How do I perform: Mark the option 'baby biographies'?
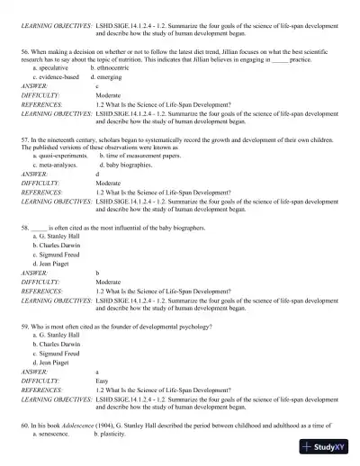click(129, 166)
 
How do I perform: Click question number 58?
click(23, 229)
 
